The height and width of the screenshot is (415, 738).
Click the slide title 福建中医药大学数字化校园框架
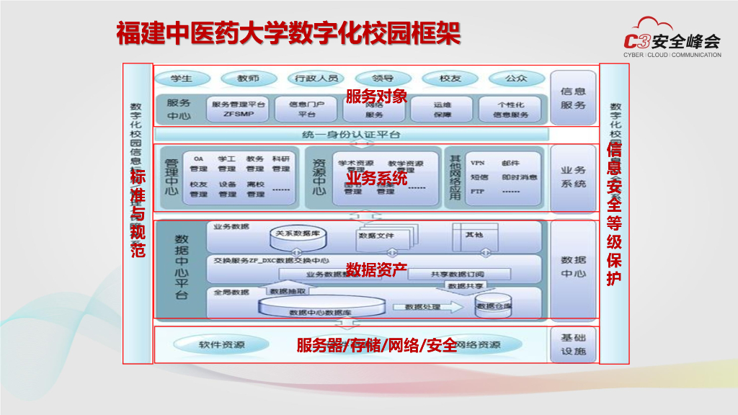(288, 34)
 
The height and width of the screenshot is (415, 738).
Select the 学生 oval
(182, 79)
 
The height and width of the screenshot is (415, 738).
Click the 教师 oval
(248, 79)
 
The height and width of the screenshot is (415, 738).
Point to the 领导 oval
(383, 79)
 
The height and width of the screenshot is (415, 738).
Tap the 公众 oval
(516, 79)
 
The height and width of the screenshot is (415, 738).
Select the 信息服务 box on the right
(573, 98)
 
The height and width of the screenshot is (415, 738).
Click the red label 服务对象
(376, 96)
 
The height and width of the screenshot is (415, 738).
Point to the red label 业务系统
(376, 178)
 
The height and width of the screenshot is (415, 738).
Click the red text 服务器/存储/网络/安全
(377, 345)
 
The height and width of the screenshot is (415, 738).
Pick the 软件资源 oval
(222, 345)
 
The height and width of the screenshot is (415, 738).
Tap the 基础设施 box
(573, 345)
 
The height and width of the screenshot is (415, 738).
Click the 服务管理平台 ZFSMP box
(239, 109)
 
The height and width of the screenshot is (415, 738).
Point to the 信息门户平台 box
(307, 109)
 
